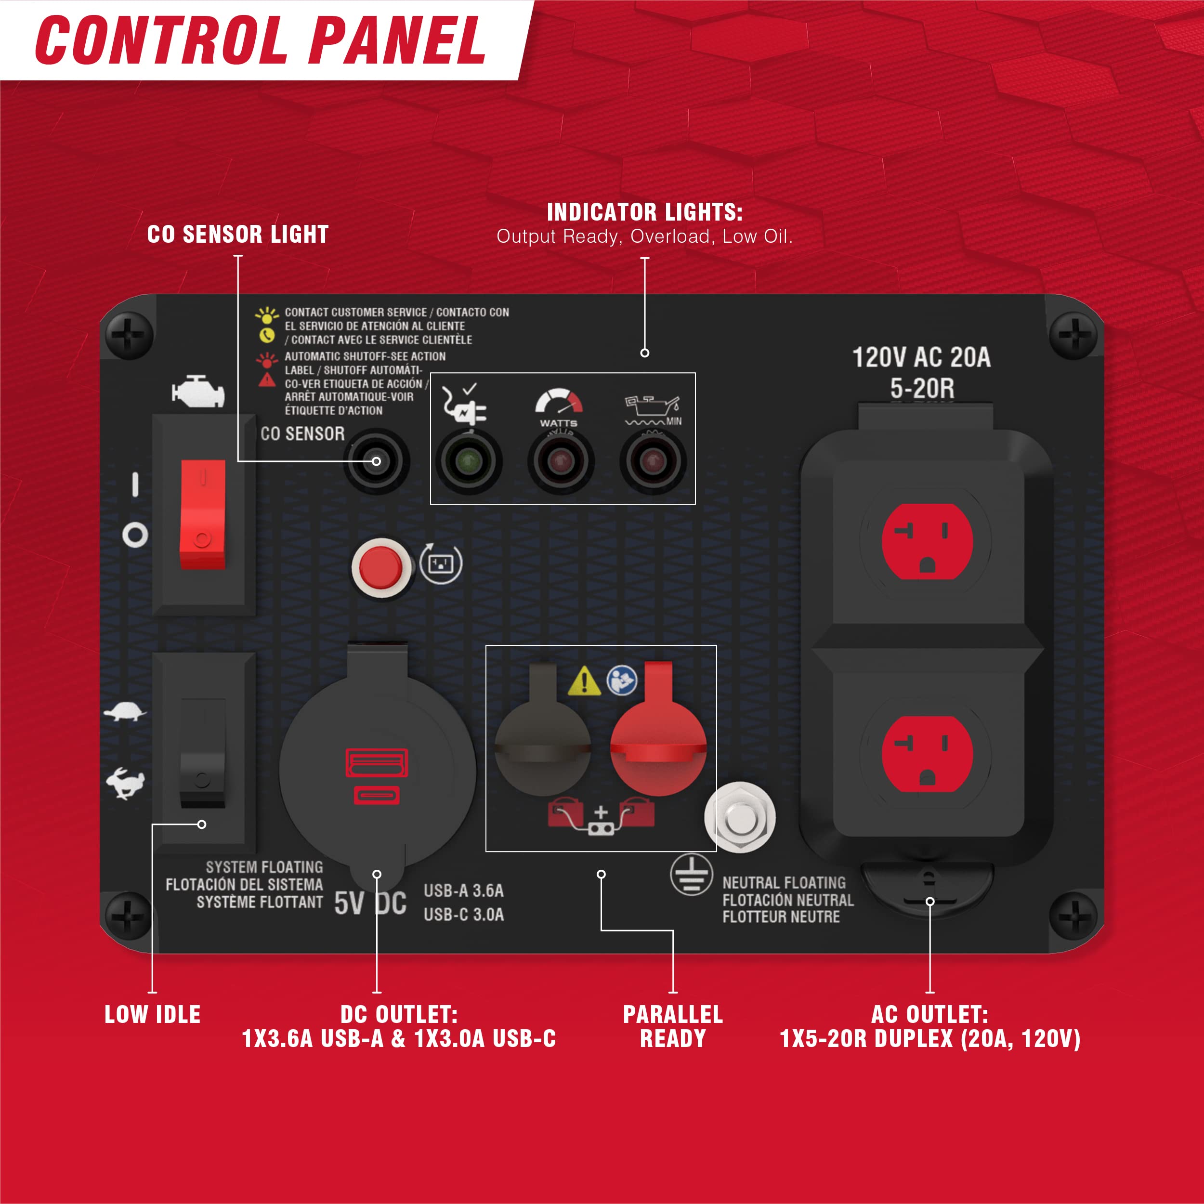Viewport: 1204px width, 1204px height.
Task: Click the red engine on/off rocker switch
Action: tap(203, 514)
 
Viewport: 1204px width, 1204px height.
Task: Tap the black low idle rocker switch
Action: tap(203, 753)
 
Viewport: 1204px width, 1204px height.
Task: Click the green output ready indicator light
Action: tap(469, 462)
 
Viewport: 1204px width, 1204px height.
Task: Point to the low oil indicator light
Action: tap(653, 462)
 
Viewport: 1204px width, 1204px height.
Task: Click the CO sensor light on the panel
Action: tap(377, 461)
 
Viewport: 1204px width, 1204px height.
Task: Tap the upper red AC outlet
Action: tap(927, 541)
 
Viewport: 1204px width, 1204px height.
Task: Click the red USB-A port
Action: tap(377, 762)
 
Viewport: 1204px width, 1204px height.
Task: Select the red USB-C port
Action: tap(377, 795)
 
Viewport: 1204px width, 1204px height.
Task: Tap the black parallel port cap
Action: tap(542, 729)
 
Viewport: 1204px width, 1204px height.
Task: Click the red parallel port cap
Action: tap(658, 729)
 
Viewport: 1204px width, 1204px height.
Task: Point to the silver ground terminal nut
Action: tap(740, 818)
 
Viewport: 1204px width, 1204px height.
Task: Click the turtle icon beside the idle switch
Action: tap(125, 712)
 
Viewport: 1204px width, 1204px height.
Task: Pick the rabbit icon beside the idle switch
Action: tap(125, 783)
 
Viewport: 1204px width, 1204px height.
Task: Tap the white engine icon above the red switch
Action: tap(198, 392)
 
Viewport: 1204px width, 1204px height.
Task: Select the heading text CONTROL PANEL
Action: tap(261, 40)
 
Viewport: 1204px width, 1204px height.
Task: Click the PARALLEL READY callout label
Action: tap(673, 1026)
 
